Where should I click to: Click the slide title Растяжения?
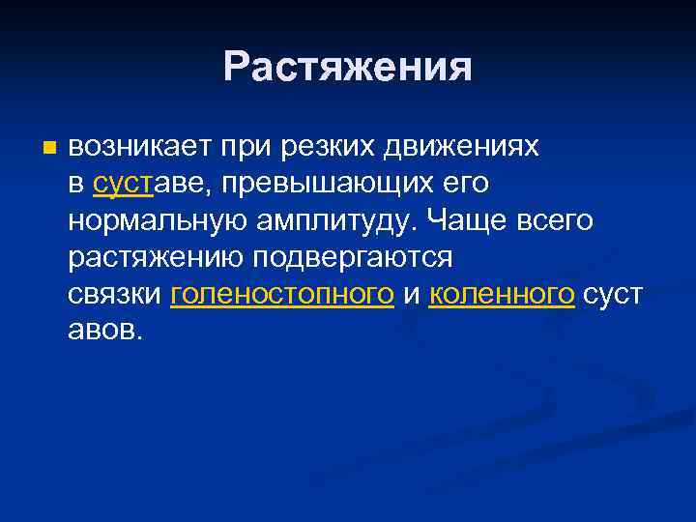point(348,68)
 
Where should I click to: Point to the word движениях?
point(463,146)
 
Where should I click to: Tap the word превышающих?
point(334,183)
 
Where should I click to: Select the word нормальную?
point(158,220)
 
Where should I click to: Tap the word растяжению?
point(156,258)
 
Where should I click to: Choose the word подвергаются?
point(352,258)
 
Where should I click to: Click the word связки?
point(114,295)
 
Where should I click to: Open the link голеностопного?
point(281,295)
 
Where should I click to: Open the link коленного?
point(502,295)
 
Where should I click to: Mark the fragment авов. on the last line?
point(105,332)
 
